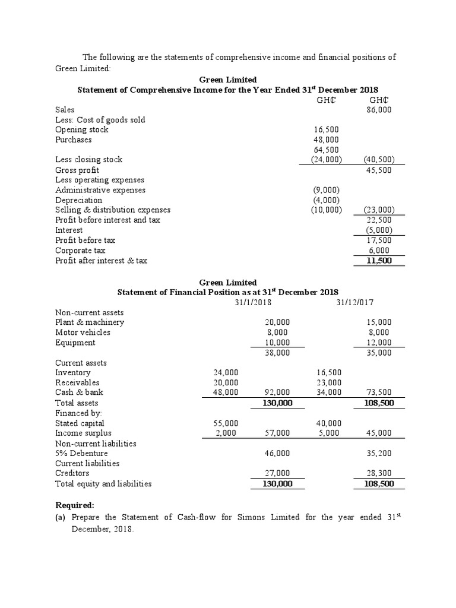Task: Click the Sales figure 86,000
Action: [380, 110]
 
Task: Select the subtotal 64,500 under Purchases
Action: [327, 150]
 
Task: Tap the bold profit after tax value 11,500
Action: [380, 260]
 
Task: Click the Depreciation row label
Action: [78, 200]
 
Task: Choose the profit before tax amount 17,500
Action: [380, 240]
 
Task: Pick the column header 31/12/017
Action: [354, 302]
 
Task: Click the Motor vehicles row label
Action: [83, 332]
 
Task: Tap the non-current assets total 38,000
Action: [277, 353]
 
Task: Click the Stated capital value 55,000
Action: [226, 423]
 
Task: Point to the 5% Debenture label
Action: [81, 453]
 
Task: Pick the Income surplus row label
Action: [83, 433]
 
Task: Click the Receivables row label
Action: [77, 382]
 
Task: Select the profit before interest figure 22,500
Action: [380, 220]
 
